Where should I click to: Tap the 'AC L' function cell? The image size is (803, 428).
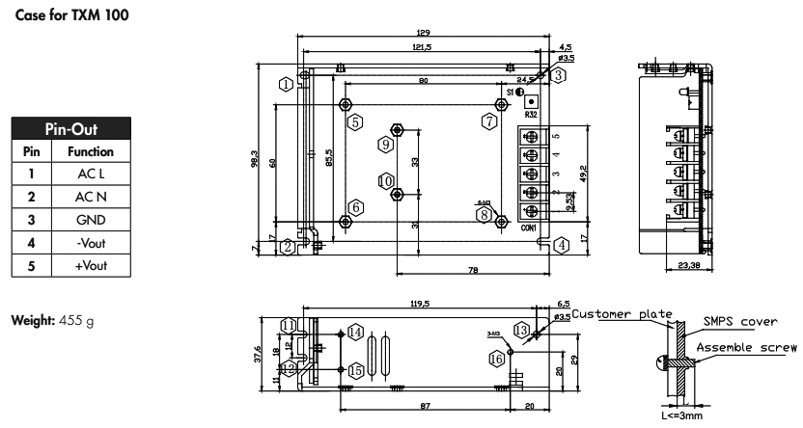pyautogui.click(x=90, y=174)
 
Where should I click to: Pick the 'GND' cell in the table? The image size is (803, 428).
pyautogui.click(x=90, y=219)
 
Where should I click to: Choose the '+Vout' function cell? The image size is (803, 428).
pyautogui.click(x=90, y=263)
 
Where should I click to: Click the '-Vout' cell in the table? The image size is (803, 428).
pyautogui.click(x=90, y=241)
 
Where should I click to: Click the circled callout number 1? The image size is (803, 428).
pyautogui.click(x=288, y=83)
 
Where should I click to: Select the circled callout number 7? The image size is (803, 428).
pyautogui.click(x=489, y=121)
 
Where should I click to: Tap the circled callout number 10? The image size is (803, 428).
pyautogui.click(x=386, y=180)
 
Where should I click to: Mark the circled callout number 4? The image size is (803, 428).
pyautogui.click(x=561, y=245)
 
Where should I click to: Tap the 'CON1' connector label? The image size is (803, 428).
pyautogui.click(x=529, y=227)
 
